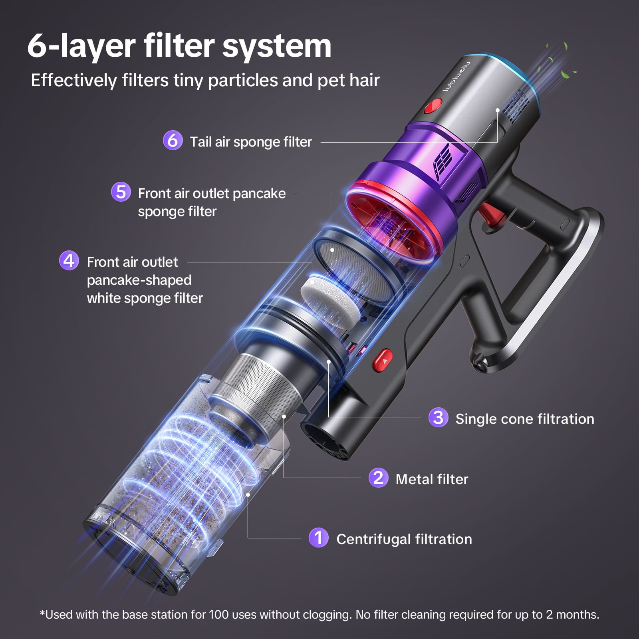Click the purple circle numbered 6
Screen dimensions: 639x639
pyautogui.click(x=173, y=141)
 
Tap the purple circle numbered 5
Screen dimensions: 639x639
pyautogui.click(x=121, y=192)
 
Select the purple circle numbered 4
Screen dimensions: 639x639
pyautogui.click(x=69, y=261)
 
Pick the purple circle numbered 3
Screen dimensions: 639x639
pyautogui.click(x=438, y=417)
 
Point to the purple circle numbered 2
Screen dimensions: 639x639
pyautogui.click(x=378, y=478)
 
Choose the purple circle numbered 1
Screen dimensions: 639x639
pyautogui.click(x=318, y=538)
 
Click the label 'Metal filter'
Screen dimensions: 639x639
pyautogui.click(x=432, y=479)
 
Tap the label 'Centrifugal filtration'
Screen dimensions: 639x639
pyautogui.click(x=404, y=539)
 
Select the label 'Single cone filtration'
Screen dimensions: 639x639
pyautogui.click(x=525, y=419)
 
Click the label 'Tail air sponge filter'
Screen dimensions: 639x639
pyautogui.click(x=251, y=142)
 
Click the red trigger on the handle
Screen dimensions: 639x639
pyautogui.click(x=488, y=214)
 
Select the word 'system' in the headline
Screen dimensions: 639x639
pyautogui.click(x=277, y=46)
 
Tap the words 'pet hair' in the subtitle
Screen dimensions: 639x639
pyautogui.click(x=348, y=80)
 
